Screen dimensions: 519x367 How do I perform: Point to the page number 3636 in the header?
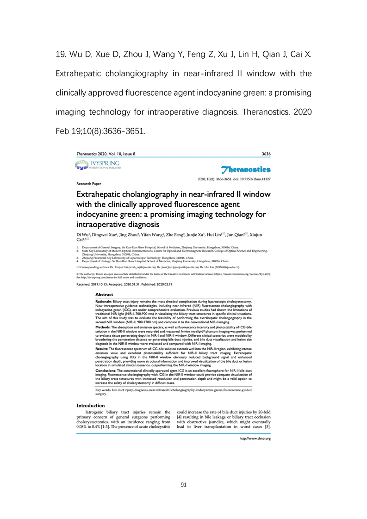[266, 154]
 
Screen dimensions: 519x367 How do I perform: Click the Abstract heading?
[104, 294]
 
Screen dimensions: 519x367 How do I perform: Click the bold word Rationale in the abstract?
[106, 301]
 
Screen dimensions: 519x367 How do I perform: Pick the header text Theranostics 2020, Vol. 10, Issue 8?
[106, 154]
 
